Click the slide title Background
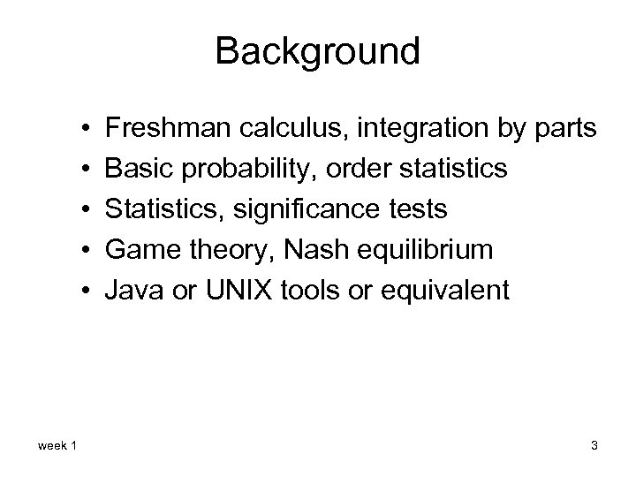pos(317,51)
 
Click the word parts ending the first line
pos(564,129)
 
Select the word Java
pos(130,290)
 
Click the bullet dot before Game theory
pos(80,250)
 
